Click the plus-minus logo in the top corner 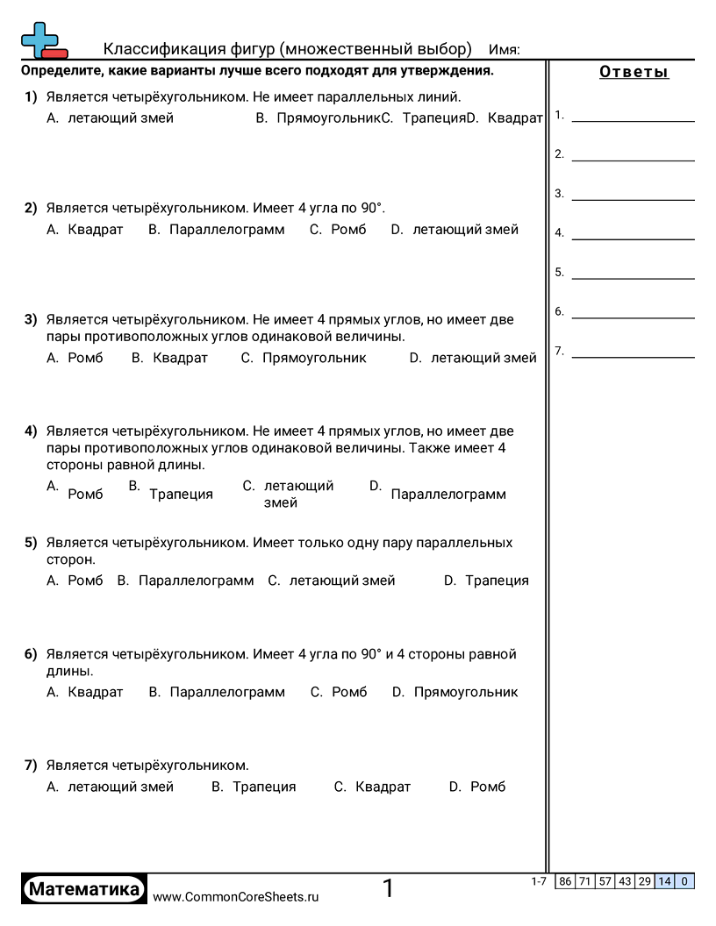(x=43, y=40)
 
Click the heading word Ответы (x=634, y=72)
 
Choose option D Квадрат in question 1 (x=515, y=118)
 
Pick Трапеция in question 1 (x=433, y=118)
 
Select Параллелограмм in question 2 (x=226, y=230)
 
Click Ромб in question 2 (x=348, y=230)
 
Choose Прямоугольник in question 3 (x=314, y=358)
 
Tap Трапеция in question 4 (x=181, y=495)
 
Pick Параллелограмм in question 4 (x=448, y=495)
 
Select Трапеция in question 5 (x=497, y=581)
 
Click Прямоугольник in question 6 (x=466, y=692)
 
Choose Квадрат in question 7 (x=383, y=787)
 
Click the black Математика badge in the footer (x=84, y=889)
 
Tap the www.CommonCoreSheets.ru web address (x=236, y=897)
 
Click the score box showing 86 (x=566, y=881)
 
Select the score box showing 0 (x=684, y=881)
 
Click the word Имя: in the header (x=504, y=49)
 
